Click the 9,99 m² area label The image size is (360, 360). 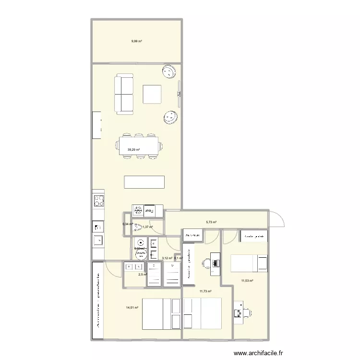pyautogui.click(x=136, y=41)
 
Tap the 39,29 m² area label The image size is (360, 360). pyautogui.click(x=133, y=150)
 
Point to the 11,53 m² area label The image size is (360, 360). pyautogui.click(x=247, y=281)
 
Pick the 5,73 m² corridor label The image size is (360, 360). pyautogui.click(x=211, y=222)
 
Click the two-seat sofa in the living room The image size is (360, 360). pyautogui.click(x=124, y=94)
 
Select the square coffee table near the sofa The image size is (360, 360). pyautogui.click(x=153, y=94)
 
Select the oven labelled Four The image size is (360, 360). pyautogui.click(x=150, y=210)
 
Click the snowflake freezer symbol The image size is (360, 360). pyautogui.click(x=137, y=210)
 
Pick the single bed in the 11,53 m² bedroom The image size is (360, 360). pyautogui.click(x=249, y=263)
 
